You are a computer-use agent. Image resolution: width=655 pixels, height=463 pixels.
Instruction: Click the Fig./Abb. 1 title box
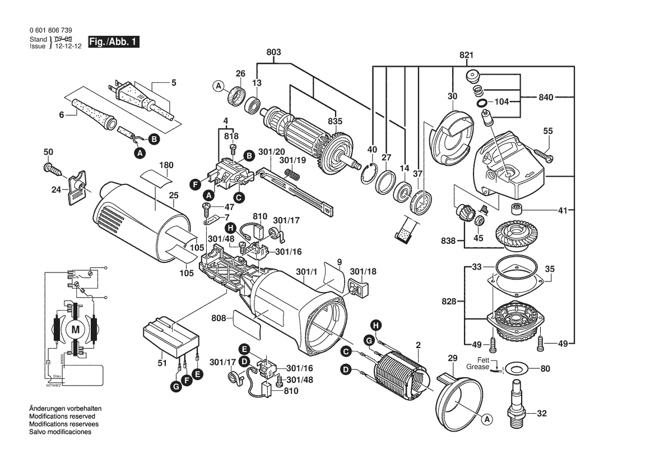point(113,43)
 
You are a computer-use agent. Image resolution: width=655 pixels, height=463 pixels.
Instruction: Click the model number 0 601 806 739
point(50,31)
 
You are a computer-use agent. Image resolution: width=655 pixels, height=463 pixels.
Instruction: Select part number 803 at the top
point(273,52)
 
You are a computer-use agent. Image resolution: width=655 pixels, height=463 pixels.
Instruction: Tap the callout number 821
point(467,55)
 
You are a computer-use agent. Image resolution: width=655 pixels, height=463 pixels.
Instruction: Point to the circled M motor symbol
point(75,330)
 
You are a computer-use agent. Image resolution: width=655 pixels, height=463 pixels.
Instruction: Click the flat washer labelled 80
point(514,369)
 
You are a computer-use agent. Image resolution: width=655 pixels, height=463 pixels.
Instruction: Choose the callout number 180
point(166,165)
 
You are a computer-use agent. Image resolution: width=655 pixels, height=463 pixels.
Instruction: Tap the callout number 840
point(546,97)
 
